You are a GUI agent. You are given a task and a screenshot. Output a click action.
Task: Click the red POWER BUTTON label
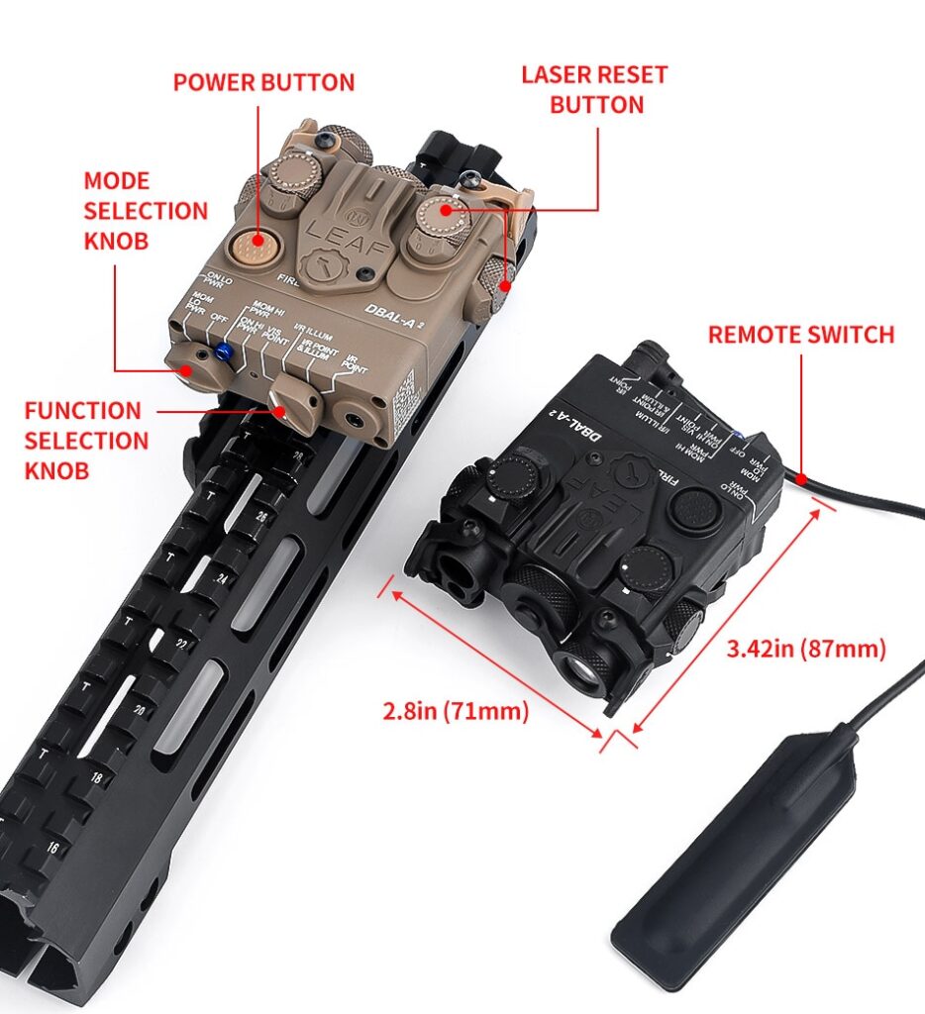(263, 82)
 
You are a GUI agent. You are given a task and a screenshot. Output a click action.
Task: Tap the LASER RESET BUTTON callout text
(594, 89)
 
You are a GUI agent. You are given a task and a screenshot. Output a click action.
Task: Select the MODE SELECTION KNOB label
(145, 211)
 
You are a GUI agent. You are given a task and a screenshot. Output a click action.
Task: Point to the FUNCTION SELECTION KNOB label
(85, 440)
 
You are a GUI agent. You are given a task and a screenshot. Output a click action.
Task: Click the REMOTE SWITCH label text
(800, 335)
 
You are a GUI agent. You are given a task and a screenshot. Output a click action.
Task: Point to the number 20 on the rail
(140, 709)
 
